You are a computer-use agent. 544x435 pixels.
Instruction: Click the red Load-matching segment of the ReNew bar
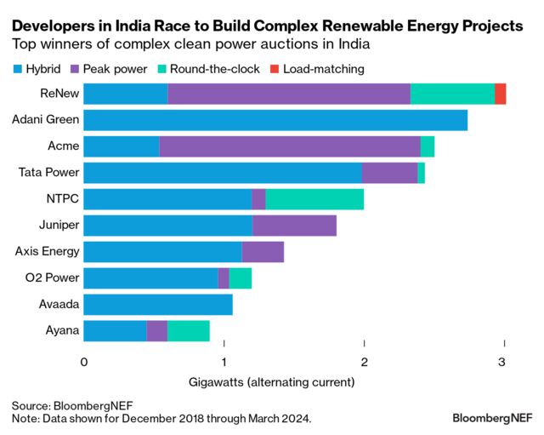pyautogui.click(x=501, y=94)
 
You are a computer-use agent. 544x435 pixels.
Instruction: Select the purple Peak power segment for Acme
pyautogui.click(x=290, y=146)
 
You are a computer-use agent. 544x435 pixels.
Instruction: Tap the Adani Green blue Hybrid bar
pyautogui.click(x=275, y=120)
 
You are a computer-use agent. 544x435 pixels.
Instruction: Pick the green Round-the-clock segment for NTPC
pyautogui.click(x=314, y=199)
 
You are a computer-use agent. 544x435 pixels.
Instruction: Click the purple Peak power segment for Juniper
pyautogui.click(x=294, y=226)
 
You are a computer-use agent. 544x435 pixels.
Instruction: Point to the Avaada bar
pyautogui.click(x=158, y=304)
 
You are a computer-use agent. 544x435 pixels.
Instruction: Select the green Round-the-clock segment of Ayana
pyautogui.click(x=188, y=330)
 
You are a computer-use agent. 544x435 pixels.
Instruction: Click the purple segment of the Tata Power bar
pyautogui.click(x=389, y=173)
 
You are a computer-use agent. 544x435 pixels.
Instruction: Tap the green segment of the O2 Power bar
pyautogui.click(x=241, y=278)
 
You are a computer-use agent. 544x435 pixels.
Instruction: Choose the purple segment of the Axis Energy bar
pyautogui.click(x=263, y=251)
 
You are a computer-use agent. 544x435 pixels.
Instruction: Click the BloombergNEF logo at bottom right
pyautogui.click(x=492, y=419)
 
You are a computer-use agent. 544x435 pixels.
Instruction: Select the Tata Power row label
pyautogui.click(x=48, y=173)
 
